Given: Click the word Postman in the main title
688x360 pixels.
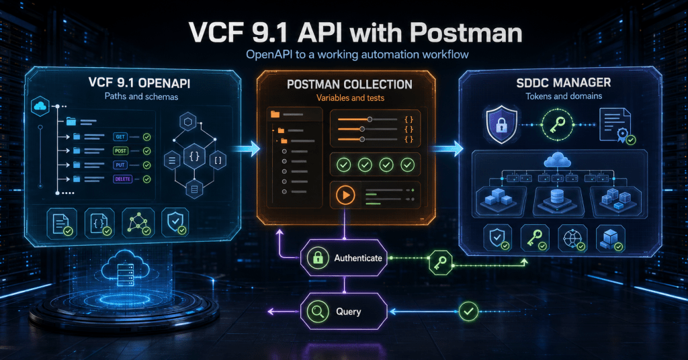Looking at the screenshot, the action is (466, 33).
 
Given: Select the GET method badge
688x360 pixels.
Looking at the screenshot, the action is (120, 137).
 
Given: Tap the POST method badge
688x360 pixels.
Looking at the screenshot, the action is (120, 151).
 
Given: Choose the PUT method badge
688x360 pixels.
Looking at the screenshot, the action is (120, 165).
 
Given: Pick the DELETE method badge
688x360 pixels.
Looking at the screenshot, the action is (122, 179).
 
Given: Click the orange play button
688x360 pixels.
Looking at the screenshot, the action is (345, 195).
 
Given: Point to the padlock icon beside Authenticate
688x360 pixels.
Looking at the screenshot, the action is (318, 259).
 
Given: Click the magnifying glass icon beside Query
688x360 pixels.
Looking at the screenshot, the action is (318, 312).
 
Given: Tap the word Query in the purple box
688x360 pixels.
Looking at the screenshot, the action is (349, 312).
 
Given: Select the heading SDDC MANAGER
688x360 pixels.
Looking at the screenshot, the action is (564, 83).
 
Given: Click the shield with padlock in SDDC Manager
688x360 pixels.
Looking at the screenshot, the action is (501, 124).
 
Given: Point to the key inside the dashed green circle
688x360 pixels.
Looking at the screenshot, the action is (557, 125).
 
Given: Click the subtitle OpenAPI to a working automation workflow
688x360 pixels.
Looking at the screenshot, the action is (357, 54).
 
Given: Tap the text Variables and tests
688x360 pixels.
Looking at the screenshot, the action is (350, 98).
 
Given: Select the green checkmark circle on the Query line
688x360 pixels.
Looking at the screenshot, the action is (468, 312).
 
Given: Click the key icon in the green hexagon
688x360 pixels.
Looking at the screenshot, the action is (440, 263).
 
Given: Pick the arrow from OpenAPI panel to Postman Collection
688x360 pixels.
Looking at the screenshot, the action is (245, 148).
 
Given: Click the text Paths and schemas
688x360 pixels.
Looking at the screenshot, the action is (141, 97).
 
